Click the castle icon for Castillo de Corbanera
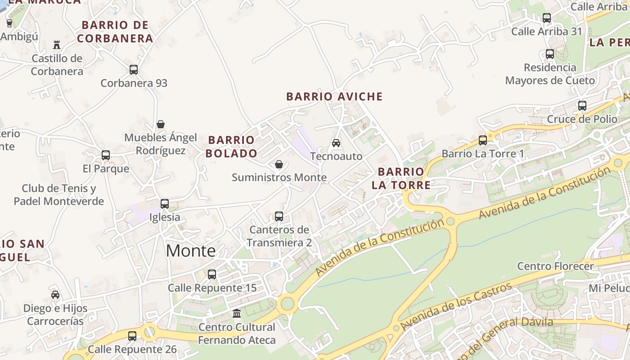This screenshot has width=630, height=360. pyautogui.click(x=57, y=45)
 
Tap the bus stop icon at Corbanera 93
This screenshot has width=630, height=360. pyautogui.click(x=134, y=70)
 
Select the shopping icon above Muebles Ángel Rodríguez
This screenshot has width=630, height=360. pyautogui.click(x=161, y=124)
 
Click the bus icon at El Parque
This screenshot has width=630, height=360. pyautogui.click(x=106, y=155)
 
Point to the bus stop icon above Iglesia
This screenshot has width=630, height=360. pyautogui.click(x=165, y=204)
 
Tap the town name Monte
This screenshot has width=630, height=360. pyautogui.click(x=191, y=251)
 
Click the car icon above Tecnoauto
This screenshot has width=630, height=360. pyautogui.click(x=336, y=143)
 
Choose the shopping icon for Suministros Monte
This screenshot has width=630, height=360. pyautogui.click(x=279, y=164)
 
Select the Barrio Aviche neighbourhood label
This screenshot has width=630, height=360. pyautogui.click(x=334, y=96)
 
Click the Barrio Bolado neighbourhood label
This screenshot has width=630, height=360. pyautogui.click(x=231, y=147)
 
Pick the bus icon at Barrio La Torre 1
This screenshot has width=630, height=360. pyautogui.click(x=483, y=140)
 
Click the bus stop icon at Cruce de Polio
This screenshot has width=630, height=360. pyautogui.click(x=582, y=106)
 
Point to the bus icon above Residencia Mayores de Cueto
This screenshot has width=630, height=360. pyautogui.click(x=550, y=54)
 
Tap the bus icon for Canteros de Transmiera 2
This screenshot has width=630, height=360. pyautogui.click(x=279, y=216)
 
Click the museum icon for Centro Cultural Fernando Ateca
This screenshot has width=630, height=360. pyautogui.click(x=237, y=313)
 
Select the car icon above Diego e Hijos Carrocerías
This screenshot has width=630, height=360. pyautogui.click(x=55, y=295)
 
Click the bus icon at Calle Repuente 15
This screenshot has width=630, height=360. pyautogui.click(x=212, y=274)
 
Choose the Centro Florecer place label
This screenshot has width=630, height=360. pyautogui.click(x=555, y=266)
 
